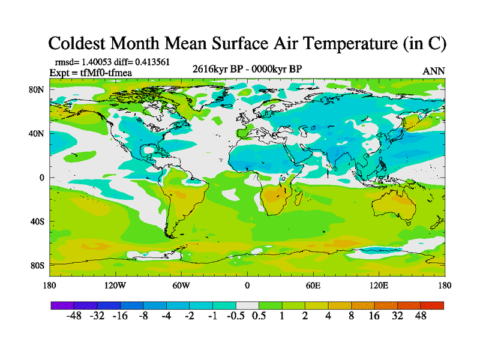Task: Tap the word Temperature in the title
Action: [x=349, y=43]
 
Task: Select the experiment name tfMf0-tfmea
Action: [x=102, y=73]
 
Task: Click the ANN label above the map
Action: [x=434, y=71]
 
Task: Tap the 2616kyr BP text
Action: [x=216, y=68]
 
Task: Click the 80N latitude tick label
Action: [x=37, y=90]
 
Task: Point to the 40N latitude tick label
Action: [x=37, y=134]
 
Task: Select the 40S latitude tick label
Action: [x=37, y=221]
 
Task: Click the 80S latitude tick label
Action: [x=37, y=265]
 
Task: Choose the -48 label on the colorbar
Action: [x=74, y=316]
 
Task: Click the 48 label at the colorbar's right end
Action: [x=420, y=316]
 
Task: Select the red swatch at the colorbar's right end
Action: [x=432, y=305]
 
